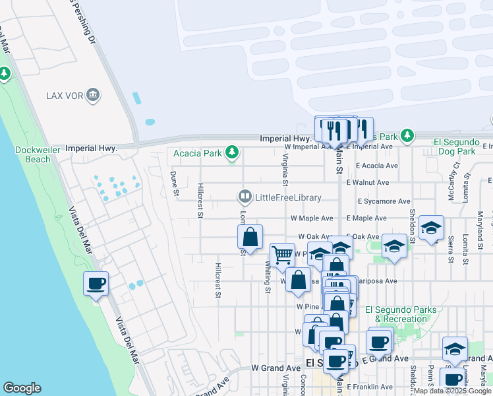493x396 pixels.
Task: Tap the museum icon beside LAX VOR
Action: [93, 95]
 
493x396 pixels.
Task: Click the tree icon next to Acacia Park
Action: [231, 153]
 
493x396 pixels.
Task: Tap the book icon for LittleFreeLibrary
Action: [245, 197]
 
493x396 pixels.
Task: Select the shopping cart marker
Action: [282, 255]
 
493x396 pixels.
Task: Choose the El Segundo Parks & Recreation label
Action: [396, 314]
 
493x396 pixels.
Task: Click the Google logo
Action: [22, 388]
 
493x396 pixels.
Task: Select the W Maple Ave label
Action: [312, 218]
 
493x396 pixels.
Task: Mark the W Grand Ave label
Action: [275, 368]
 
